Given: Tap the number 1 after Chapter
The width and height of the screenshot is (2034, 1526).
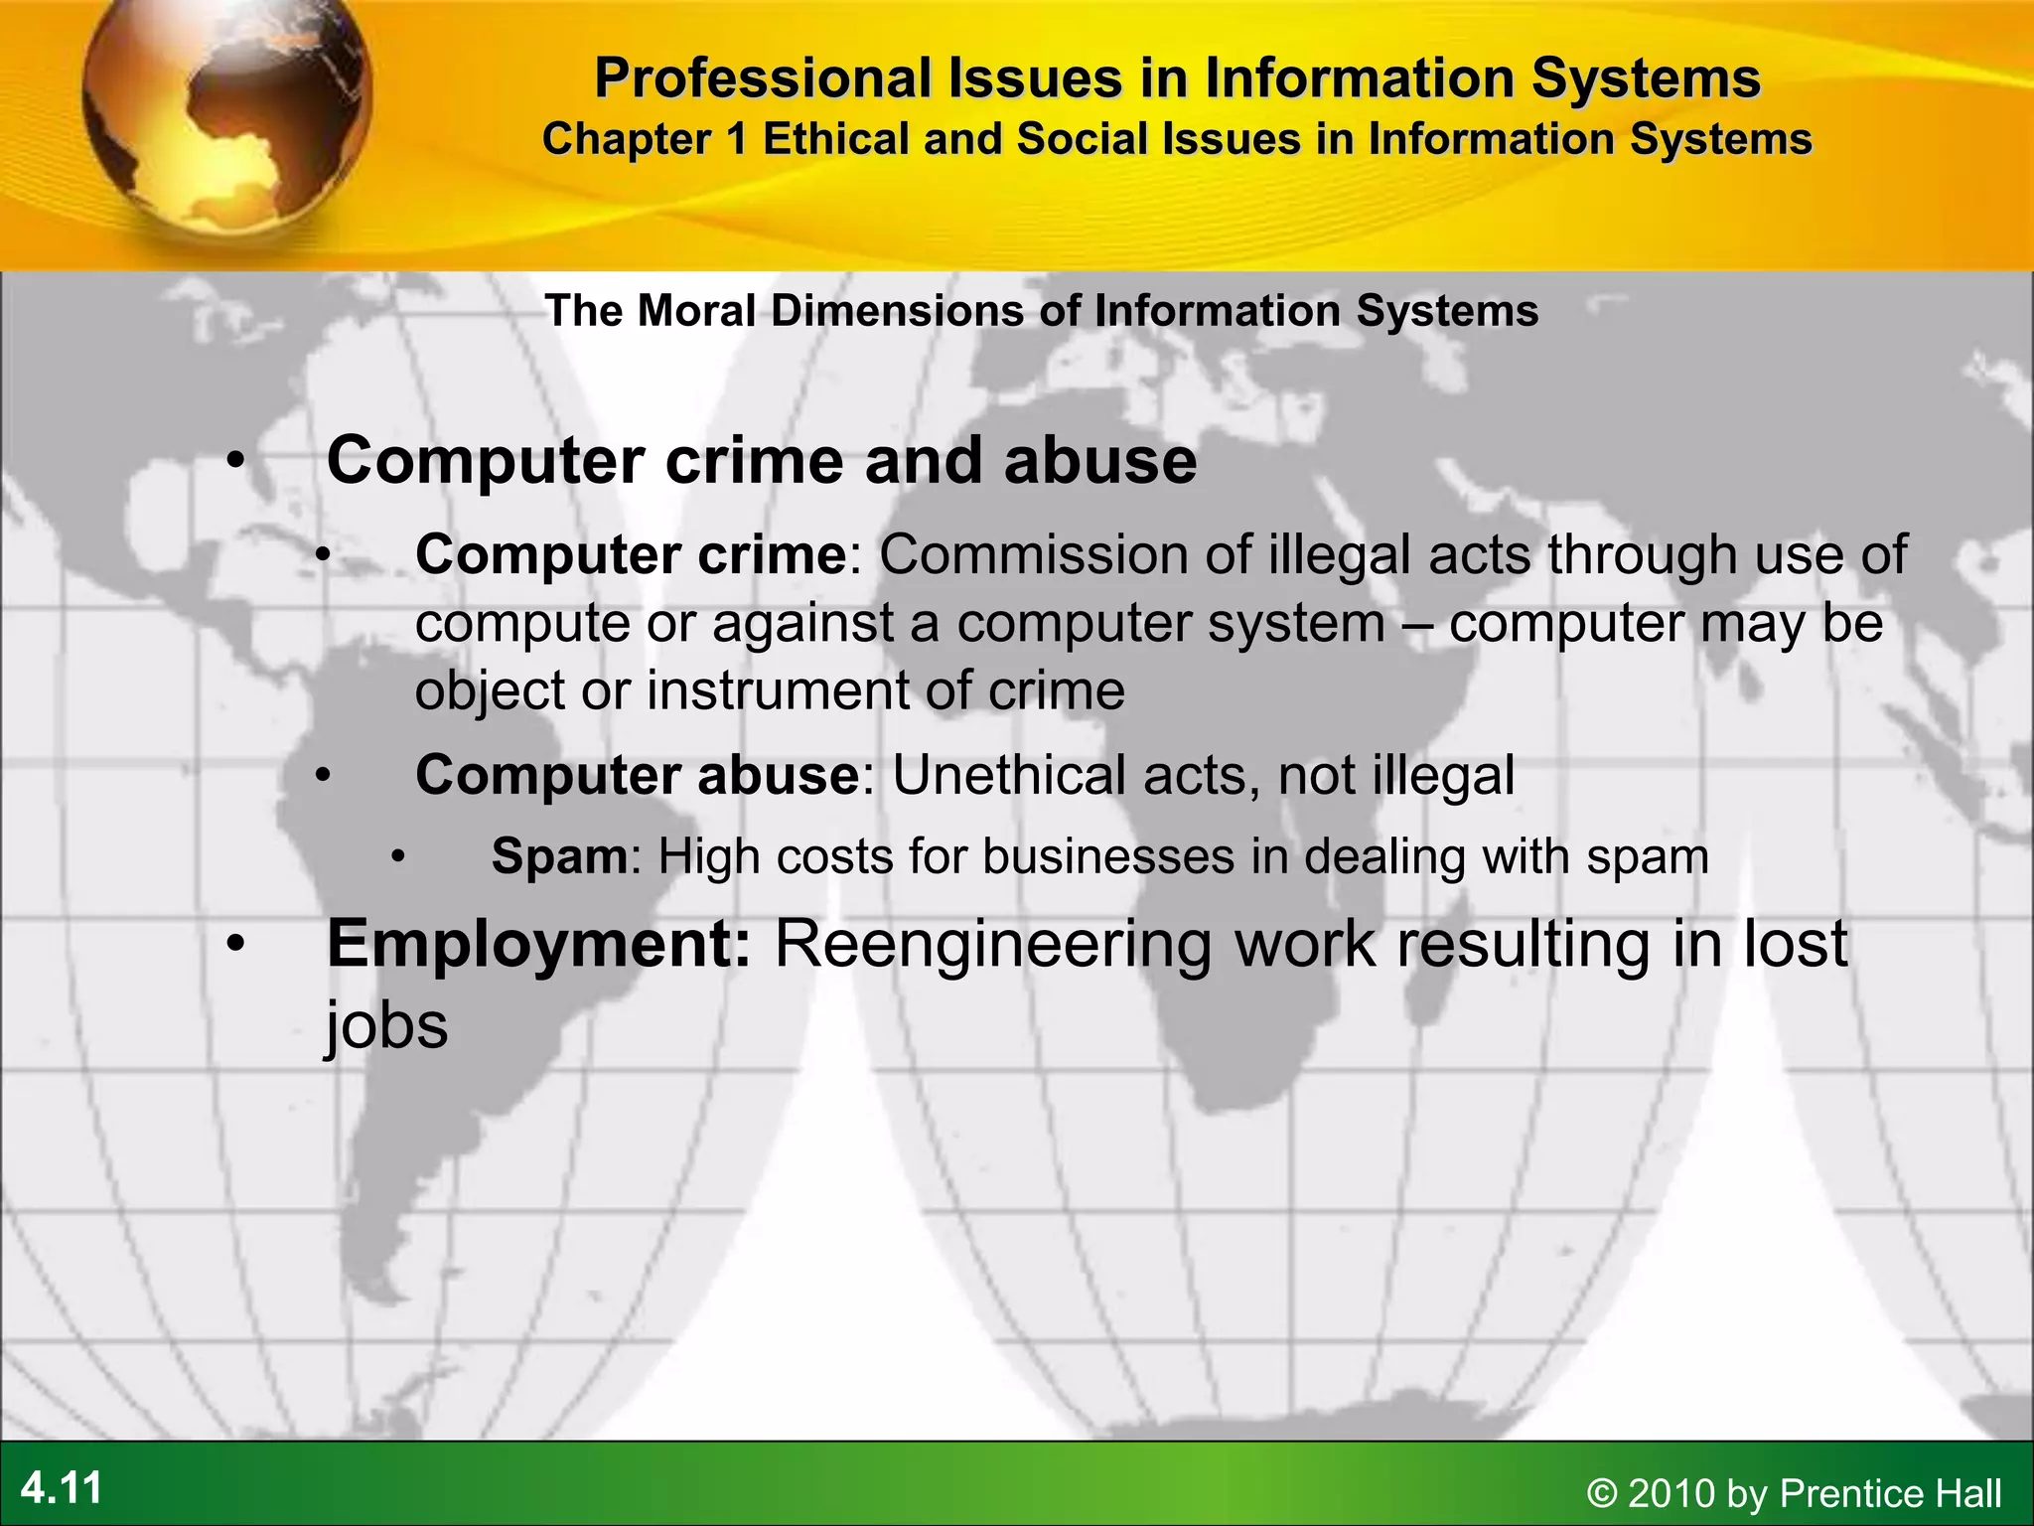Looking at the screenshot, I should pos(736,139).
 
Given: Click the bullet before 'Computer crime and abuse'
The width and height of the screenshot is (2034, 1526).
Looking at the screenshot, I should pos(234,461).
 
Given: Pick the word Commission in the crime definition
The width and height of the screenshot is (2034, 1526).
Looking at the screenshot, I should pos(1034,554).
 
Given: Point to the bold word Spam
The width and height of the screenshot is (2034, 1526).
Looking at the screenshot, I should pos(559,856).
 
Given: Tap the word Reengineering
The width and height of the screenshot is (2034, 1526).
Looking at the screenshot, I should pos(994,944).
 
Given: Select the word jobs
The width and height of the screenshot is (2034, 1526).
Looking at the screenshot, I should pos(387,1026).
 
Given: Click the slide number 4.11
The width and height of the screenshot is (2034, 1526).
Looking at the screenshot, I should pos(62,1488).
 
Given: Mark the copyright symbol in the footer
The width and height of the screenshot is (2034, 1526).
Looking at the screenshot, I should pos(1602,1493).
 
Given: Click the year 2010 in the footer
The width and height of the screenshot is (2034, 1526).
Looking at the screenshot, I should pos(1672,1493).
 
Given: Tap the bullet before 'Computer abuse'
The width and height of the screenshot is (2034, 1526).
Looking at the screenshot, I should pos(323,775).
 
